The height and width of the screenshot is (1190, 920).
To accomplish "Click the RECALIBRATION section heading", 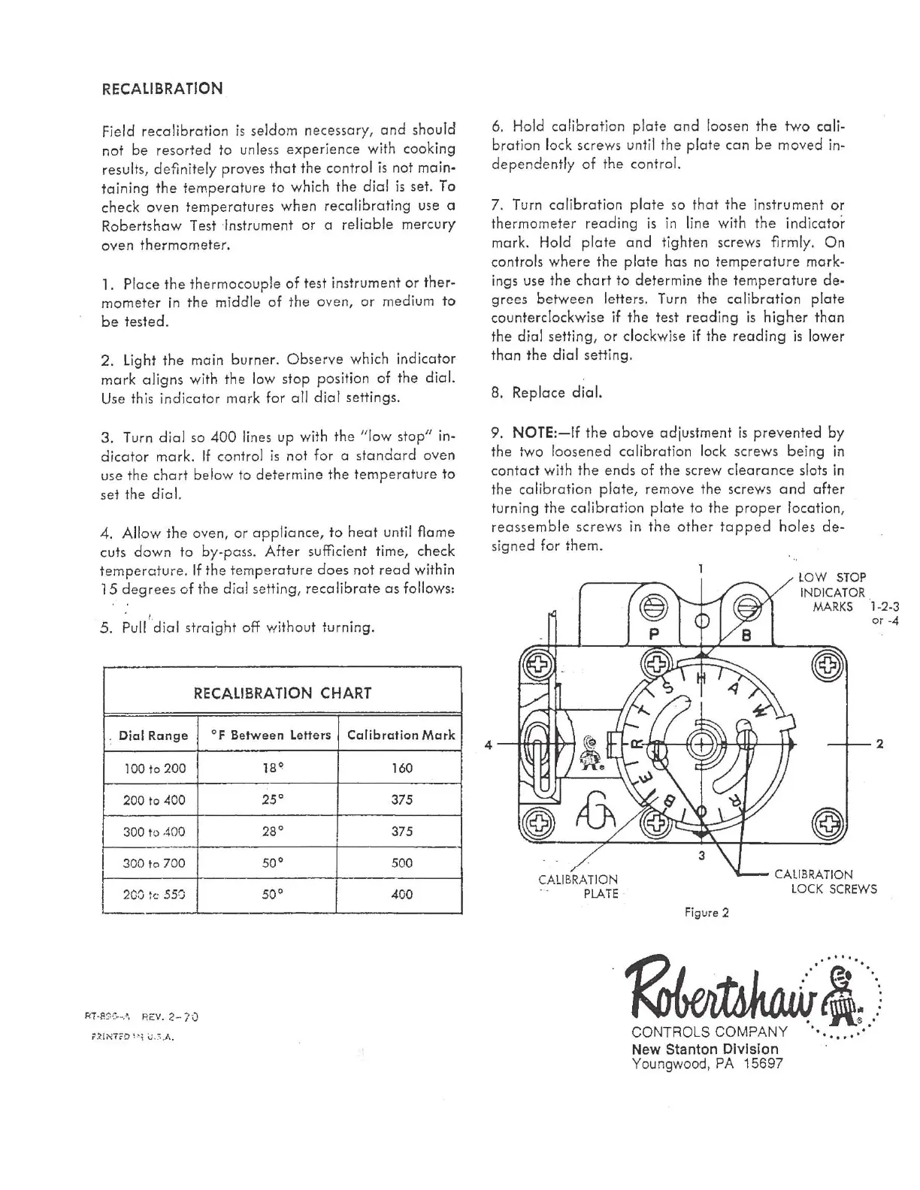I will pyautogui.click(x=162, y=89).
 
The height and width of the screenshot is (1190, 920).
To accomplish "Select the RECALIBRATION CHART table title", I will pyautogui.click(x=283, y=693).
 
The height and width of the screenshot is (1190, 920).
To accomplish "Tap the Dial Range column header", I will pyautogui.click(x=153, y=735).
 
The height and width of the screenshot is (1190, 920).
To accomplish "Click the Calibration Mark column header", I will pyautogui.click(x=401, y=735).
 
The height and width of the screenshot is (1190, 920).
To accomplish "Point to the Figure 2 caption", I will pyautogui.click(x=706, y=913).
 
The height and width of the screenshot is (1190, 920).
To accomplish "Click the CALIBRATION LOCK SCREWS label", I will pyautogui.click(x=825, y=882).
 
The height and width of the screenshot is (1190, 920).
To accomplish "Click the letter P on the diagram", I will pyautogui.click(x=654, y=635).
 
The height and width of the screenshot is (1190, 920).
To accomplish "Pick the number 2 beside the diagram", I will pyautogui.click(x=879, y=744).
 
